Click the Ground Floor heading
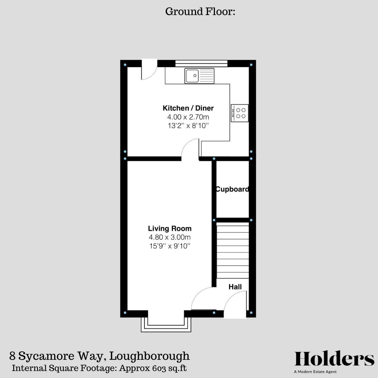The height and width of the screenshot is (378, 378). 200,12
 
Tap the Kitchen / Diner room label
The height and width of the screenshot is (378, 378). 188,108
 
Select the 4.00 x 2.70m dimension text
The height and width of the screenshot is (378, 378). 188,117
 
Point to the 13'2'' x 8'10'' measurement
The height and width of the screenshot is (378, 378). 188,126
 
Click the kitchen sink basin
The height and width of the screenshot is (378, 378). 192,76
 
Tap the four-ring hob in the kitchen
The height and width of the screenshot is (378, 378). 240,113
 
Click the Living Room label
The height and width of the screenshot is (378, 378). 170,229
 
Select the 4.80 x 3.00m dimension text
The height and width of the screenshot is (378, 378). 170,238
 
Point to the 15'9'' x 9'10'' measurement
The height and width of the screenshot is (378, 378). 170,246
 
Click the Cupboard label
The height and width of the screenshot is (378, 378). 232,189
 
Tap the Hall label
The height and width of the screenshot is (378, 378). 235,287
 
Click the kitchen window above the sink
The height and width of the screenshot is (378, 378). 201,63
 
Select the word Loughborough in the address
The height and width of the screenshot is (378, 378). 149,356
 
